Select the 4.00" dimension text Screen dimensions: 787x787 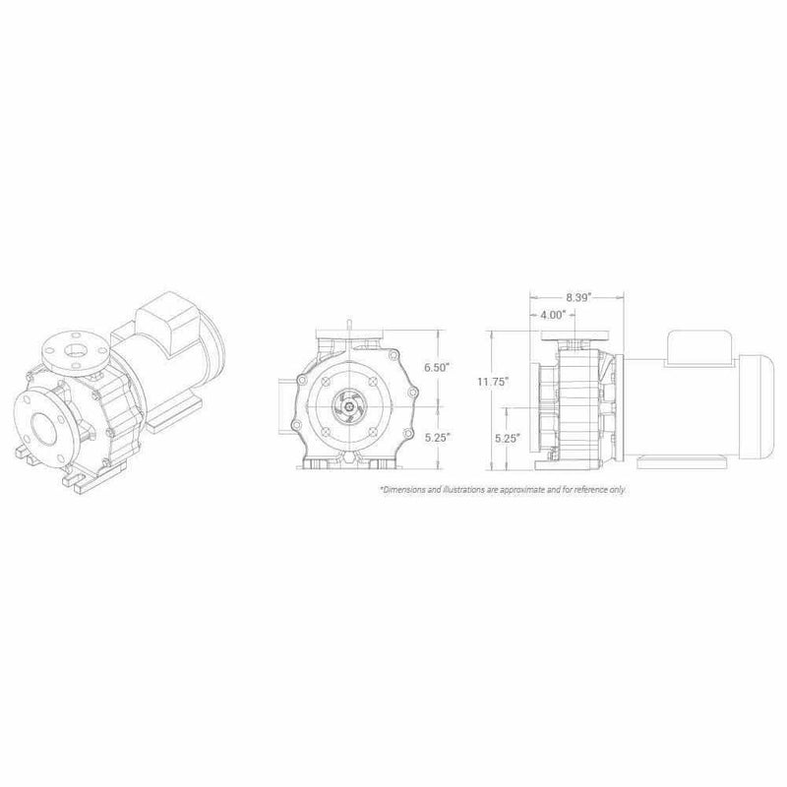click(x=551, y=315)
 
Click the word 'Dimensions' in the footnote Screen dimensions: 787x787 click(x=403, y=489)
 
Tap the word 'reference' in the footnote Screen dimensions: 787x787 click(x=586, y=489)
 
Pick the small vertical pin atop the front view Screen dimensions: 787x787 click(x=350, y=324)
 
